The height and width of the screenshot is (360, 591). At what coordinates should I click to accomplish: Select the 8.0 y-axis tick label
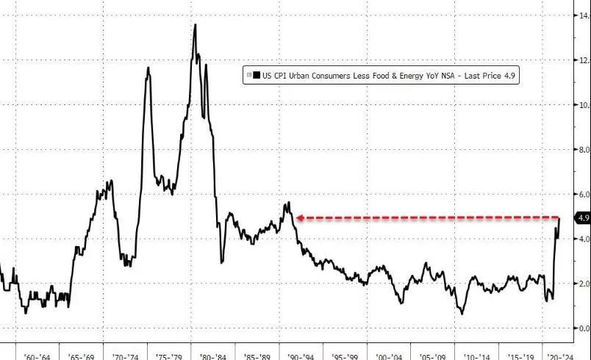click(582, 150)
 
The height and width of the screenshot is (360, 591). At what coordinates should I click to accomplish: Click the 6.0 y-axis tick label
click(582, 195)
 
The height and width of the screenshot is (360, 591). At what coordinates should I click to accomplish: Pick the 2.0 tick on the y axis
click(582, 284)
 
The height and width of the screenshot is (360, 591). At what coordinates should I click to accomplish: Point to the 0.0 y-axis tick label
click(582, 328)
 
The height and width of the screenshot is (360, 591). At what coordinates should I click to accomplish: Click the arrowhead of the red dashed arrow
click(299, 217)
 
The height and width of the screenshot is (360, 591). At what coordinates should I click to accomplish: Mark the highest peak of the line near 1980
click(195, 26)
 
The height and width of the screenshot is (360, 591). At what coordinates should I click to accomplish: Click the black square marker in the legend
click(257, 75)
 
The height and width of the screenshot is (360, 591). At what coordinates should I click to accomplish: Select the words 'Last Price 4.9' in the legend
click(486, 75)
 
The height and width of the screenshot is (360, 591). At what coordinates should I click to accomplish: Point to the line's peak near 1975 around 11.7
click(148, 68)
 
